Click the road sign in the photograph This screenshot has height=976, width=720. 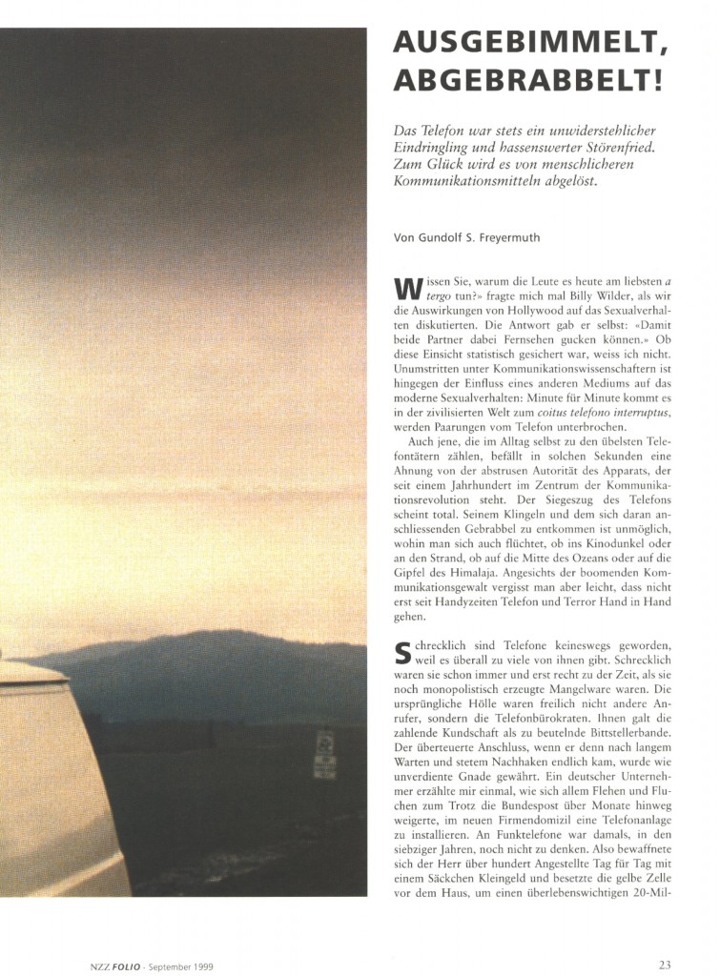click(x=324, y=754)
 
